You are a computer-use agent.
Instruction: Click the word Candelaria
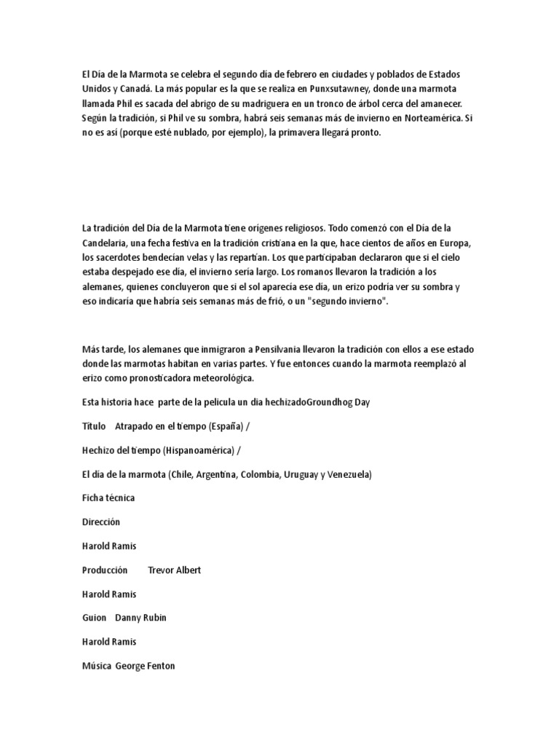[x=108, y=243]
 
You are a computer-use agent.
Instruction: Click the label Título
[x=95, y=426]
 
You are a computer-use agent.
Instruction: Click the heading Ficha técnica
[x=108, y=498]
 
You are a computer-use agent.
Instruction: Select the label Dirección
[x=101, y=522]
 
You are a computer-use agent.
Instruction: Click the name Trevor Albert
[x=174, y=570]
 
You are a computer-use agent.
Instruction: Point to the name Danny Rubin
[x=140, y=618]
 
